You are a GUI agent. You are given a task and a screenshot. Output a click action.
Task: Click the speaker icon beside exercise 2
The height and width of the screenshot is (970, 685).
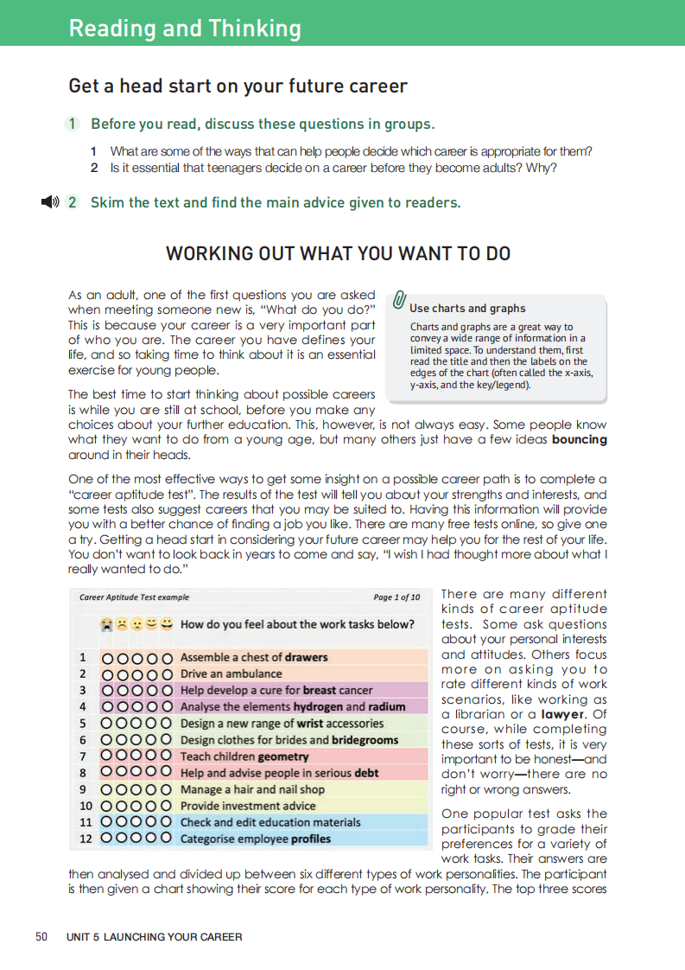pos(49,202)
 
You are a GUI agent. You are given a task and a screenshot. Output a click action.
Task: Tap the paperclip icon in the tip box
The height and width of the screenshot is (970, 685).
pos(399,300)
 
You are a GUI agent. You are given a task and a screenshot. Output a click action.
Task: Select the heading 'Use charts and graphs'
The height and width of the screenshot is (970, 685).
pos(467,308)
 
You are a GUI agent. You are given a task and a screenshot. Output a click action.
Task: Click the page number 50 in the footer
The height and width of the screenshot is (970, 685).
pos(41,936)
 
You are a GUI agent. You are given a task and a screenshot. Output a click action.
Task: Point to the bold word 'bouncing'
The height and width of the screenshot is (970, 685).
pos(580,439)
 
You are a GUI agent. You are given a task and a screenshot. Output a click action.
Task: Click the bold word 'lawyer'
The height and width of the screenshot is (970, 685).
pos(561,714)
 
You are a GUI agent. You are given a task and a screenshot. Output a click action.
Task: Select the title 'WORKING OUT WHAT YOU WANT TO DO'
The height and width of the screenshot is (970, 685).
pos(338,253)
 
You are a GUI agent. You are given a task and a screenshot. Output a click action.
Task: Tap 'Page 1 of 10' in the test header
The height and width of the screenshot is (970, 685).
pos(396,597)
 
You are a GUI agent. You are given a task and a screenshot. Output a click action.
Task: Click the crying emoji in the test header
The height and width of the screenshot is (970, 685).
pos(105,623)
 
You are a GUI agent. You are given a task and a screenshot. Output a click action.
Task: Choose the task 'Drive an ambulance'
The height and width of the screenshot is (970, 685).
pos(231,673)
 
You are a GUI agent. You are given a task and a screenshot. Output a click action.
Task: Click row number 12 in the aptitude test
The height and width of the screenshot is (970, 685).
pos(86,839)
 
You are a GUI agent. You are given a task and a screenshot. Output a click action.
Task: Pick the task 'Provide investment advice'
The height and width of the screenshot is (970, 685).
pos(248,806)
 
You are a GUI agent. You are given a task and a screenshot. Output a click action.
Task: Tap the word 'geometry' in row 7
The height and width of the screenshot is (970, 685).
pos(282,756)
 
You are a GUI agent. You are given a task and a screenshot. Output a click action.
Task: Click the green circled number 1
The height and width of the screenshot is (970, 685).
pos(73,124)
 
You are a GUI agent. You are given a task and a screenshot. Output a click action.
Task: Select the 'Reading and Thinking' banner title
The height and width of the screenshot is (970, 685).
pos(185,29)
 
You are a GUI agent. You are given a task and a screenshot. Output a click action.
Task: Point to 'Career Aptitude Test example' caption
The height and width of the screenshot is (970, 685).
pos(134,597)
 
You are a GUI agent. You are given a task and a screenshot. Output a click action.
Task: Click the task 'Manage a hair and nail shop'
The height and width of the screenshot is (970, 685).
pos(252,789)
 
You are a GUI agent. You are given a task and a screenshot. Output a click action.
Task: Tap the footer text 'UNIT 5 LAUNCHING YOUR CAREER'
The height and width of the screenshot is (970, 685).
pos(154,936)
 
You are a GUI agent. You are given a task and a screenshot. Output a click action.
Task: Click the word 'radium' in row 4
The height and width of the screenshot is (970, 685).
pos(387,706)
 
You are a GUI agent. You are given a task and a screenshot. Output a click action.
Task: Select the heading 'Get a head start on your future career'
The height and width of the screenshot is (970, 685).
pos(238,86)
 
